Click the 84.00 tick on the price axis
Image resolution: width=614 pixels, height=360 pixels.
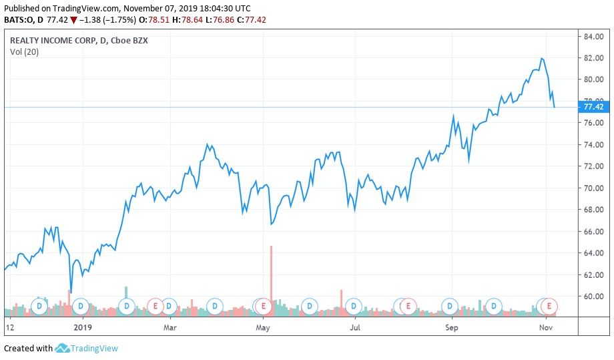(593, 36)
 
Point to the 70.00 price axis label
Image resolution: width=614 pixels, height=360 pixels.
(593, 188)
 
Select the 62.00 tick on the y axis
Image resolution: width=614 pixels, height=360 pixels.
(593, 275)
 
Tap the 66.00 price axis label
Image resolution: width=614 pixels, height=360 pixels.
(593, 232)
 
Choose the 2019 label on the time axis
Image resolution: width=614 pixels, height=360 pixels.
(82, 328)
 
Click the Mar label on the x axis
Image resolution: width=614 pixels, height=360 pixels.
(170, 328)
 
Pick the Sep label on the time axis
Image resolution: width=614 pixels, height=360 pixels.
(451, 328)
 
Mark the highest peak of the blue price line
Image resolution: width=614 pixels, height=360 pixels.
(541, 58)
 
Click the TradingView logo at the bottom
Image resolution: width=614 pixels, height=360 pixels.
(87, 348)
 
